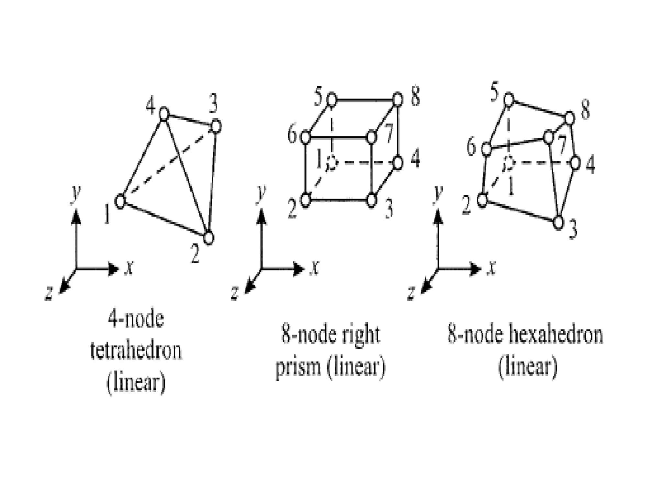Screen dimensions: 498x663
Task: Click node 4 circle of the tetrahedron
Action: (x=164, y=114)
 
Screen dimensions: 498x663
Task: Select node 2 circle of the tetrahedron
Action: (x=209, y=238)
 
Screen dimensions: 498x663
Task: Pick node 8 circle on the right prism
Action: (x=398, y=99)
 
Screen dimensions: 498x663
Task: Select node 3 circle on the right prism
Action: (x=372, y=200)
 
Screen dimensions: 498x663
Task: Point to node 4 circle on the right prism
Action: (x=398, y=162)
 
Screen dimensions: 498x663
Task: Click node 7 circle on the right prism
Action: (x=372, y=137)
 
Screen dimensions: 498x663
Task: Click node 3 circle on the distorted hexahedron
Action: (x=558, y=223)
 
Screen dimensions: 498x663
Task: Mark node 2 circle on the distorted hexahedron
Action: (x=482, y=200)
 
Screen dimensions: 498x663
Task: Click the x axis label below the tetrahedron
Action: (x=129, y=269)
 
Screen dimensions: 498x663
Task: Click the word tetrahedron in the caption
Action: (x=136, y=351)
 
